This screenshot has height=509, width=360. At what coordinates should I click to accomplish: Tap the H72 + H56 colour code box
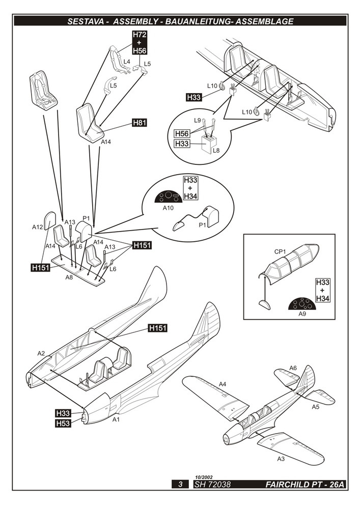click(x=139, y=42)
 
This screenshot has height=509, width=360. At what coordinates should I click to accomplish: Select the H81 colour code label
click(x=139, y=123)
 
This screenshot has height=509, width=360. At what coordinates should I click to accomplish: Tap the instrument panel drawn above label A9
click(x=305, y=304)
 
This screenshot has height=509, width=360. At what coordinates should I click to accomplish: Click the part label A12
click(x=37, y=227)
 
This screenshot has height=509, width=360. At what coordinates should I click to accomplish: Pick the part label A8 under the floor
click(x=69, y=277)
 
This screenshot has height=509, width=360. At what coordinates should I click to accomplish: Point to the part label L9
click(x=198, y=120)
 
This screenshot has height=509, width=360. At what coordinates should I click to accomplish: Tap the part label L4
click(x=127, y=61)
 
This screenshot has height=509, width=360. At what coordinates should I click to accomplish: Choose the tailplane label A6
click(x=293, y=368)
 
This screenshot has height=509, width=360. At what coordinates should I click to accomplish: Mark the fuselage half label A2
click(x=41, y=353)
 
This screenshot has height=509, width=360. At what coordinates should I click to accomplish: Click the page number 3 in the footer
click(x=180, y=485)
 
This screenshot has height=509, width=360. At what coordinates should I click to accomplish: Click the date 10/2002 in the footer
click(x=205, y=476)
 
